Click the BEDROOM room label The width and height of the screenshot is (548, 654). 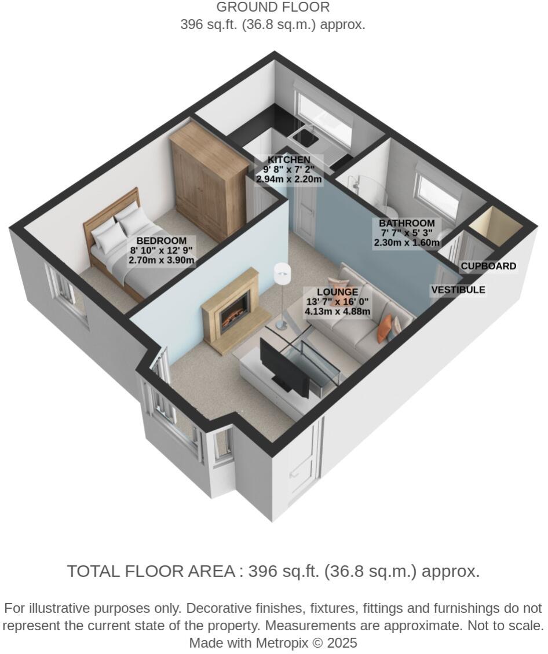coord(162,241)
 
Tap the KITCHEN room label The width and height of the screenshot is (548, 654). coord(288,160)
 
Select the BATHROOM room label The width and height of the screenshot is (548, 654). coord(407,224)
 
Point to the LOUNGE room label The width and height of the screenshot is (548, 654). coord(338,293)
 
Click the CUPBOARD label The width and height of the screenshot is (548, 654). coord(488,266)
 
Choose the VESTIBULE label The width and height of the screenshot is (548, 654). coord(458,290)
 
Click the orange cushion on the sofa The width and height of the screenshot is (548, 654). coord(383,329)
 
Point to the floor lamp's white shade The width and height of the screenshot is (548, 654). coord(282,270)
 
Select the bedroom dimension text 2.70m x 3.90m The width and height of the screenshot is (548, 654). coord(162,261)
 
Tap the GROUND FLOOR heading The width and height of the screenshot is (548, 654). coord(273,8)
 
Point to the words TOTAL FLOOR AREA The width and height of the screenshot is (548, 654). coord(151,571)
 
